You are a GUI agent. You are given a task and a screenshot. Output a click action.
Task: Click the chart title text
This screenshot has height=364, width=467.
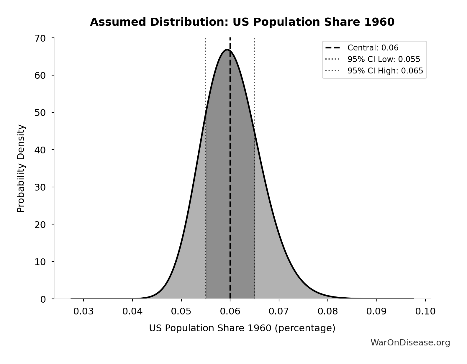242,22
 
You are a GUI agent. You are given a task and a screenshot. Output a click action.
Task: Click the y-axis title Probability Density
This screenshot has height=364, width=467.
21,168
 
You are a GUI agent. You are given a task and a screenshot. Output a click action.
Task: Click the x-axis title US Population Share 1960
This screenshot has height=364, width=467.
242,328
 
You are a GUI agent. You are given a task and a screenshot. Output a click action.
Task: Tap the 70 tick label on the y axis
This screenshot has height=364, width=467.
40,38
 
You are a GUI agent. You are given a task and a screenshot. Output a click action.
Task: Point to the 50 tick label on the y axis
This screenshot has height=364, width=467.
40,113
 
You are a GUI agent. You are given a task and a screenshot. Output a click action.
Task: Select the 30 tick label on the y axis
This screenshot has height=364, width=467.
40,187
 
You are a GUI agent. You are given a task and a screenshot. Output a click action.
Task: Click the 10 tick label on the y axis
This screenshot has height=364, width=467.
40,262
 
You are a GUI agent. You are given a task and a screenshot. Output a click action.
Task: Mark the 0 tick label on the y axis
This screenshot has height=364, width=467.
43,299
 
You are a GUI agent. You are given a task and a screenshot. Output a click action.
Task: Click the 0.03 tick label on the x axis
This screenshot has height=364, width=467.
83,311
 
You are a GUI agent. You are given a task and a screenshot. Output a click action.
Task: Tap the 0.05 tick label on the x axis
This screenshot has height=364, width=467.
181,311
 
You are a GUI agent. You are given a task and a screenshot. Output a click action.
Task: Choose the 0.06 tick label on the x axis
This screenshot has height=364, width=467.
230,311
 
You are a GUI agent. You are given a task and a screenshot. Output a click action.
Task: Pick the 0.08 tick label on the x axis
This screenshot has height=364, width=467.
328,311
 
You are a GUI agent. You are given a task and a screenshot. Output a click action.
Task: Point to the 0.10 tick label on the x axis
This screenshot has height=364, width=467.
425,311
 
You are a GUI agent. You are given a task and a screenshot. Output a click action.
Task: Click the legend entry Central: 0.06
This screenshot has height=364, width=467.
373,48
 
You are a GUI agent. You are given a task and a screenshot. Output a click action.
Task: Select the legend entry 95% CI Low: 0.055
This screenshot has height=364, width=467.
384,59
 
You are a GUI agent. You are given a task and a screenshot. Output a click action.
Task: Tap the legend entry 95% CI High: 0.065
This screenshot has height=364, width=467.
385,71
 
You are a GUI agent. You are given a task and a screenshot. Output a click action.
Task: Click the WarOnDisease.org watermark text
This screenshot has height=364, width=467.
410,342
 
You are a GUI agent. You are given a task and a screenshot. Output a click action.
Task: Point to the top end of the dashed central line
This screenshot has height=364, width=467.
230,38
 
